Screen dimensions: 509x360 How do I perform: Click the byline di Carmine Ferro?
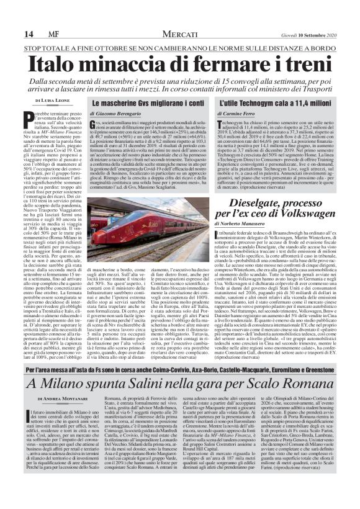[239, 114]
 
